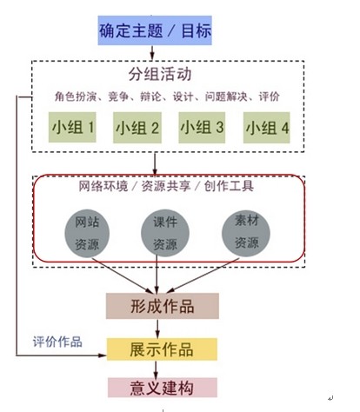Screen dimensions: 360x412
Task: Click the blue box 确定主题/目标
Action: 155,30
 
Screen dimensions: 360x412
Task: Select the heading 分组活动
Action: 160,74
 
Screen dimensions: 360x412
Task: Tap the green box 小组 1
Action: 72,127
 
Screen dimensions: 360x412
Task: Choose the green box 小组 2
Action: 137,128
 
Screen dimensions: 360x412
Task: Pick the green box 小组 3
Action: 202,128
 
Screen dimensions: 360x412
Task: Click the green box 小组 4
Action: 267,128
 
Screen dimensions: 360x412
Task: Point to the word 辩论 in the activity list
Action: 150,96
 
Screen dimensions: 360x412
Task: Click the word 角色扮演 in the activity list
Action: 75,96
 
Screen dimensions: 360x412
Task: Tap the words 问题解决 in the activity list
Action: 226,96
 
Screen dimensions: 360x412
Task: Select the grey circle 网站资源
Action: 87,233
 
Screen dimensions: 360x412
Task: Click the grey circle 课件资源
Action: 165,233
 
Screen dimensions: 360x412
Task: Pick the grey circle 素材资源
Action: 246,233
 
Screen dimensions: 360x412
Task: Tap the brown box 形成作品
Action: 163,306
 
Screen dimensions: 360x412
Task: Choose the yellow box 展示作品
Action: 162,349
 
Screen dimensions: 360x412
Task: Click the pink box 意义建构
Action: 163,388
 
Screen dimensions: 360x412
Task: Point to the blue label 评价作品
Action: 57,342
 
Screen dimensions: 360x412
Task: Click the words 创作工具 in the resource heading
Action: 229,186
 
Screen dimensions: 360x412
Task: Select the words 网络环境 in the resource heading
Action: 103,186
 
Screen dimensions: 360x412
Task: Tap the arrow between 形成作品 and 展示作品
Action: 157,329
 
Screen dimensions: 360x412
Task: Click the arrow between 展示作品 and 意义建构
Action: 156,369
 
